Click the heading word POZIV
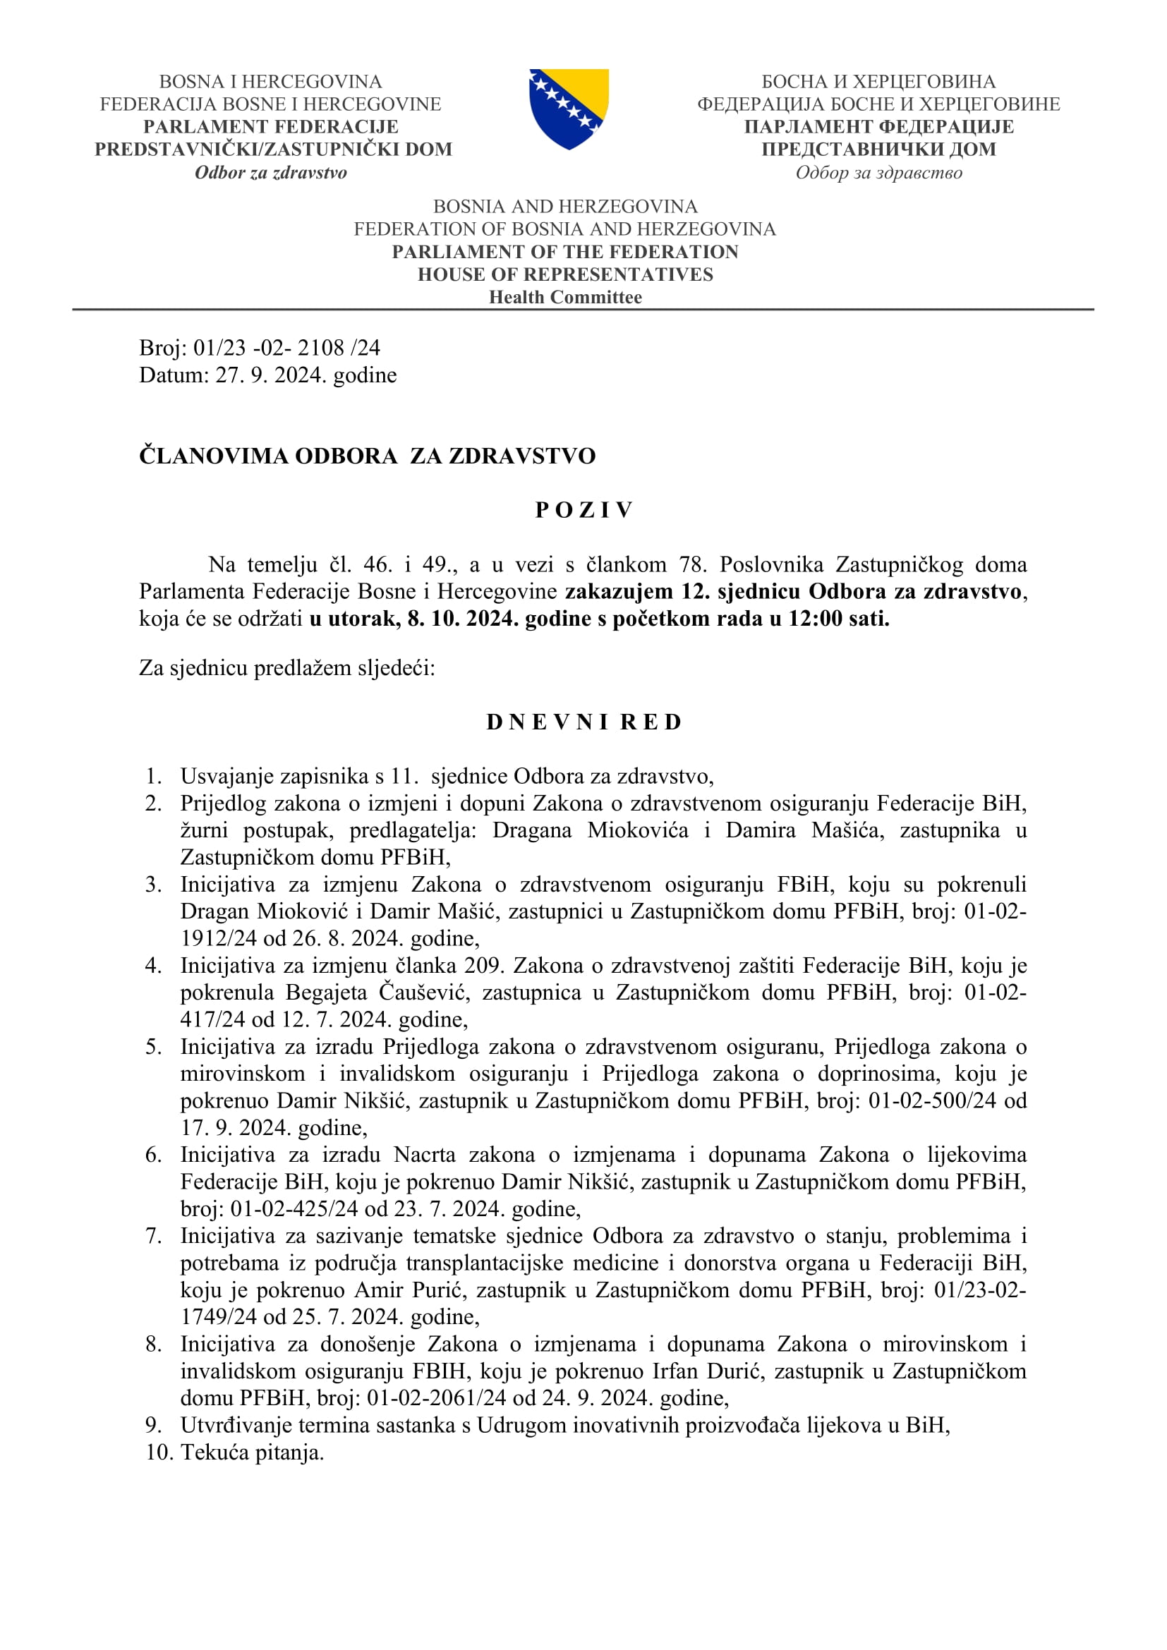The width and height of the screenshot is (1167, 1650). [x=583, y=509]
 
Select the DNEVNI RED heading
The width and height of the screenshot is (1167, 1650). [x=583, y=722]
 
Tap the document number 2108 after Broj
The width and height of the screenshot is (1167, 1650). [x=321, y=348]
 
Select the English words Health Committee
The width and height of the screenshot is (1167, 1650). [x=566, y=297]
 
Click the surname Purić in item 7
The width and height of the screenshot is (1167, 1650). [x=438, y=1290]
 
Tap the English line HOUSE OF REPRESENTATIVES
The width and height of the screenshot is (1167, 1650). [x=566, y=274]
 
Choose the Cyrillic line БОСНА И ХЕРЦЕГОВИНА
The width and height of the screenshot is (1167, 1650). [x=878, y=82]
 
